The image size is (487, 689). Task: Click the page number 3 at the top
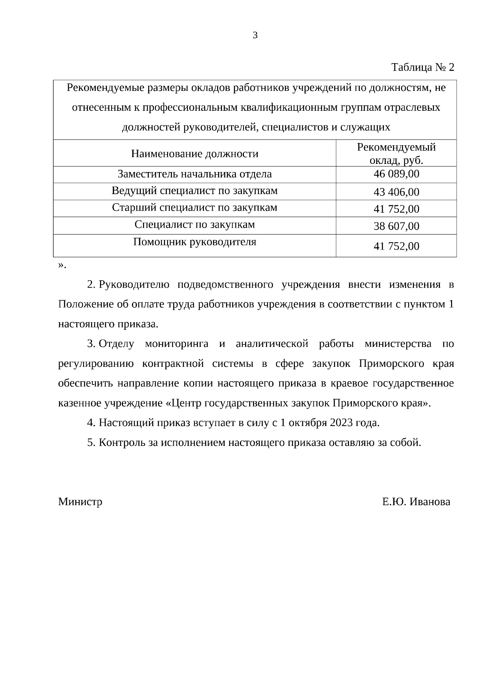point(255,35)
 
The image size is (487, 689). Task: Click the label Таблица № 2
point(422,67)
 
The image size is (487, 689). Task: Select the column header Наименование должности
point(194,154)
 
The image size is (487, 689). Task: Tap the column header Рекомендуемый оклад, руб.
point(396,153)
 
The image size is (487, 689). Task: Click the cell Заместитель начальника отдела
point(194,174)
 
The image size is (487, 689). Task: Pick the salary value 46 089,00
point(396,174)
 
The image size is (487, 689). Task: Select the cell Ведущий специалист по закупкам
point(194,191)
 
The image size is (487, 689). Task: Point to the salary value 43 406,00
point(396,192)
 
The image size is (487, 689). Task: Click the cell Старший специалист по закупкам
point(194,208)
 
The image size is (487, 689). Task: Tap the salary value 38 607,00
point(396,226)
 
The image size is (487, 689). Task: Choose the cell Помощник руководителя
point(194,242)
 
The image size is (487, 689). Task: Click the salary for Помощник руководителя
point(396,246)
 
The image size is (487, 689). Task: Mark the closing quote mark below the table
point(61,265)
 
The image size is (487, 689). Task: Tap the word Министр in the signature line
point(80,502)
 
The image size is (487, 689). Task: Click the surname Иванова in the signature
point(430,502)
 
